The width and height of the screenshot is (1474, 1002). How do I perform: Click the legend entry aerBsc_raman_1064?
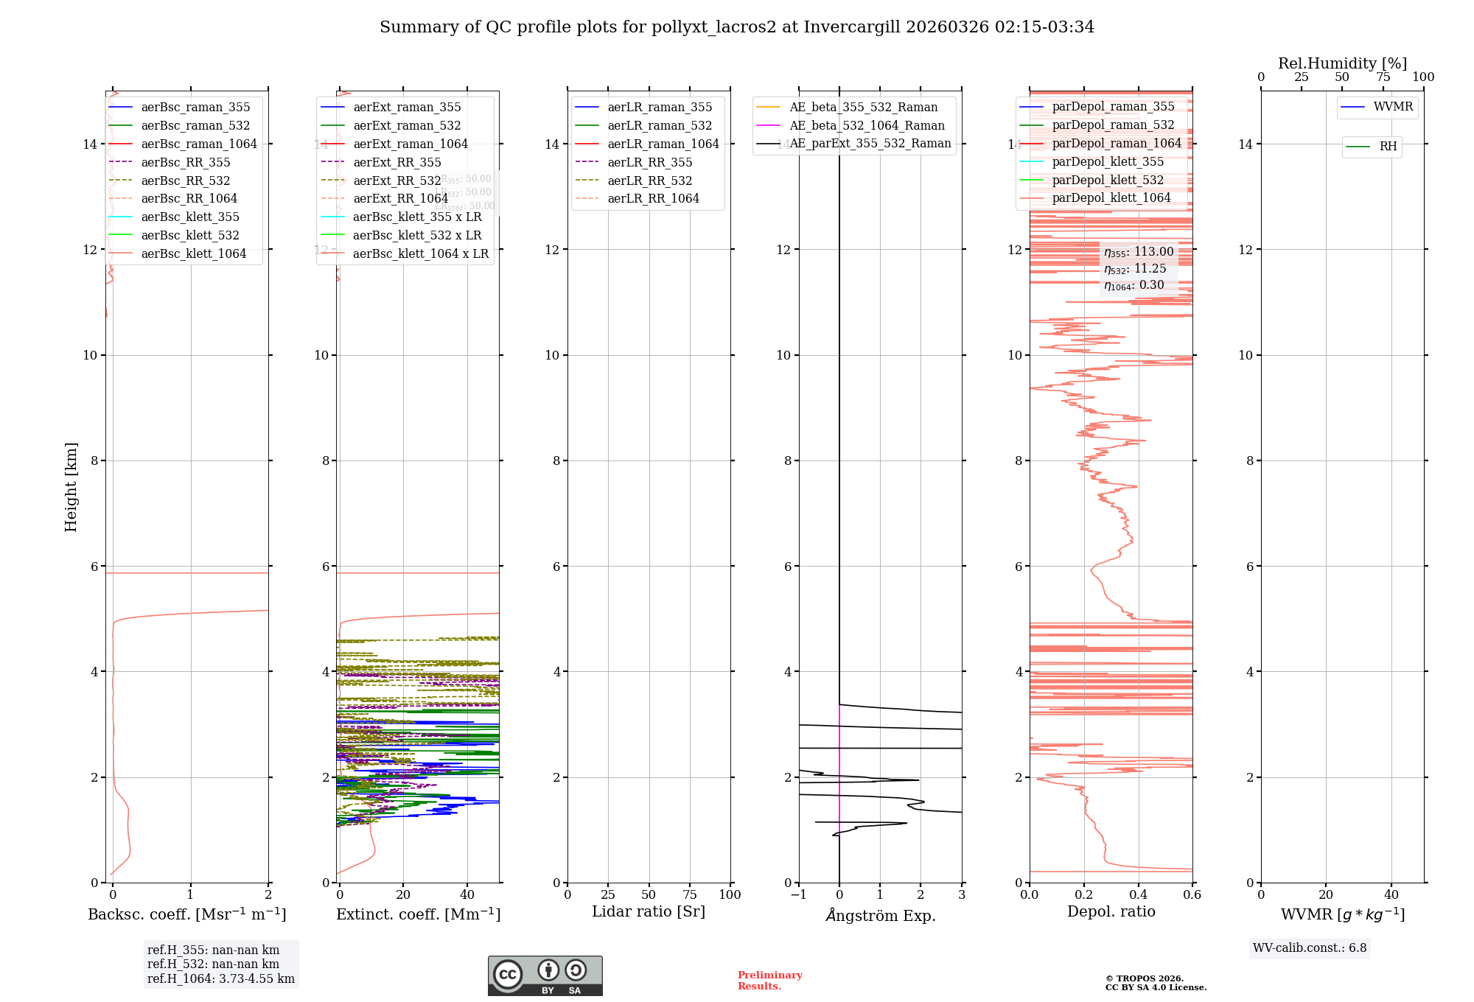[x=199, y=144]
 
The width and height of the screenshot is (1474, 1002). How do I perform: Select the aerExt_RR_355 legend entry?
[x=397, y=162]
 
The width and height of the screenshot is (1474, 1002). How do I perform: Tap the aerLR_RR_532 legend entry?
[x=649, y=181]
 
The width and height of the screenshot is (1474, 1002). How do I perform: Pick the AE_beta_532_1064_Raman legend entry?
[x=867, y=125]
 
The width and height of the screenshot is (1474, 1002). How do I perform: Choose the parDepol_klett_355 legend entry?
[x=1108, y=161]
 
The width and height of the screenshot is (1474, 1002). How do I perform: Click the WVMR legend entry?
[x=1393, y=107]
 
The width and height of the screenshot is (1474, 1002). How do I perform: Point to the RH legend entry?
[x=1388, y=147]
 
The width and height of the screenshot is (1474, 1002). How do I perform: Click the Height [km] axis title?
[x=71, y=487]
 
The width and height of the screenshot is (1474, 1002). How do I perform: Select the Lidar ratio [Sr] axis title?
[x=649, y=912]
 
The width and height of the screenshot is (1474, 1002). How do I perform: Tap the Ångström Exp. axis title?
[x=880, y=915]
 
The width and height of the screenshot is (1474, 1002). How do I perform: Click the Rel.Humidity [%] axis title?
[x=1342, y=63]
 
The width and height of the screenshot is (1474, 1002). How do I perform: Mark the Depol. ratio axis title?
[x=1111, y=912]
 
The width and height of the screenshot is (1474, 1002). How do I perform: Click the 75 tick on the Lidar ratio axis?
[x=690, y=895]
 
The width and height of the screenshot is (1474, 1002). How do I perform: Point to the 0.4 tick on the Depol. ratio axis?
[x=1138, y=895]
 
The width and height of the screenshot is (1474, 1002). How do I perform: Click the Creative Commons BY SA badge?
[x=545, y=976]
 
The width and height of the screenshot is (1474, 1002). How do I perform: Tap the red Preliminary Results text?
[x=769, y=981]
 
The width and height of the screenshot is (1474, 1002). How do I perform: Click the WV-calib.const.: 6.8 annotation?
[x=1310, y=948]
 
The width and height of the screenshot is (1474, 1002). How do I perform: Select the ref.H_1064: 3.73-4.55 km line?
[x=220, y=979]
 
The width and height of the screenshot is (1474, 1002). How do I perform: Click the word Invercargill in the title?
[x=852, y=27]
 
